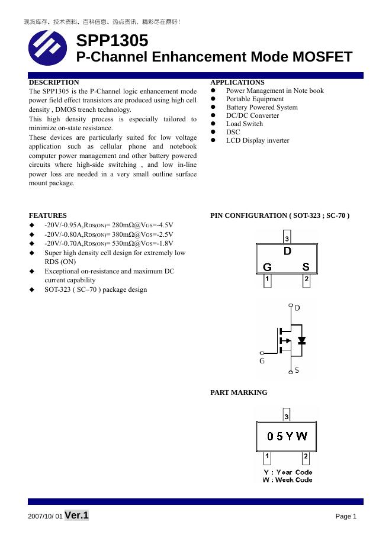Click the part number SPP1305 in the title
pos(112,41)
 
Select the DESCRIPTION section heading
pos(54,82)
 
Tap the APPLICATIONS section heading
pos(237,82)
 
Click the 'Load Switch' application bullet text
pos(245,124)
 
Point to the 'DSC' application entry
pos(233,132)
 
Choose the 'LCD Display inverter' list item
pos(258,140)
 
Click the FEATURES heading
pos(48,215)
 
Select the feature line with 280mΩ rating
pos(109,225)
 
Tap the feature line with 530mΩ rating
pos(109,243)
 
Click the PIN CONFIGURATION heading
pos(280,215)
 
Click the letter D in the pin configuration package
pos(287,251)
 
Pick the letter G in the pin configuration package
pos(268,268)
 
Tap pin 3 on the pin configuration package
pos(287,239)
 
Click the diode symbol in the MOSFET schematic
pos(302,340)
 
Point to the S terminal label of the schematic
pos(297,371)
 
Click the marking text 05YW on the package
pos(287,436)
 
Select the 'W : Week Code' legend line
pos(287,480)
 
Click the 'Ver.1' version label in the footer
pos(76,516)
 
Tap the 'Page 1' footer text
pos(346,517)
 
